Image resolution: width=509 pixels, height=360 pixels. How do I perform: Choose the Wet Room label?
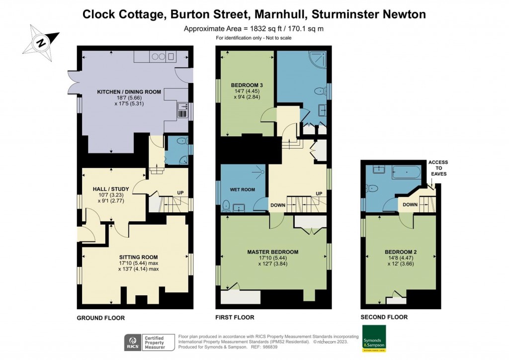[242, 189]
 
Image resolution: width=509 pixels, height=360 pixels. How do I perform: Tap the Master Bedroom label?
[272, 252]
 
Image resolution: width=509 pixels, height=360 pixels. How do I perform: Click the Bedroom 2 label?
[401, 252]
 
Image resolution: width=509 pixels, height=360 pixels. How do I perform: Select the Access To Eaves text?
[438, 168]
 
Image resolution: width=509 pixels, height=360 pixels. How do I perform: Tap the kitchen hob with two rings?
[159, 57]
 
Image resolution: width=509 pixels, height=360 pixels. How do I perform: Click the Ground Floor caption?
[100, 318]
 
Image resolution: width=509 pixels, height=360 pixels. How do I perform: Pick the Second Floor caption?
[384, 317]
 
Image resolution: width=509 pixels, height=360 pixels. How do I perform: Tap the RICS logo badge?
[133, 342]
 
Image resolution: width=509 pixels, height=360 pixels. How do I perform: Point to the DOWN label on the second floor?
[410, 204]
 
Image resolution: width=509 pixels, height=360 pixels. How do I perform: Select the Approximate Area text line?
[254, 28]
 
